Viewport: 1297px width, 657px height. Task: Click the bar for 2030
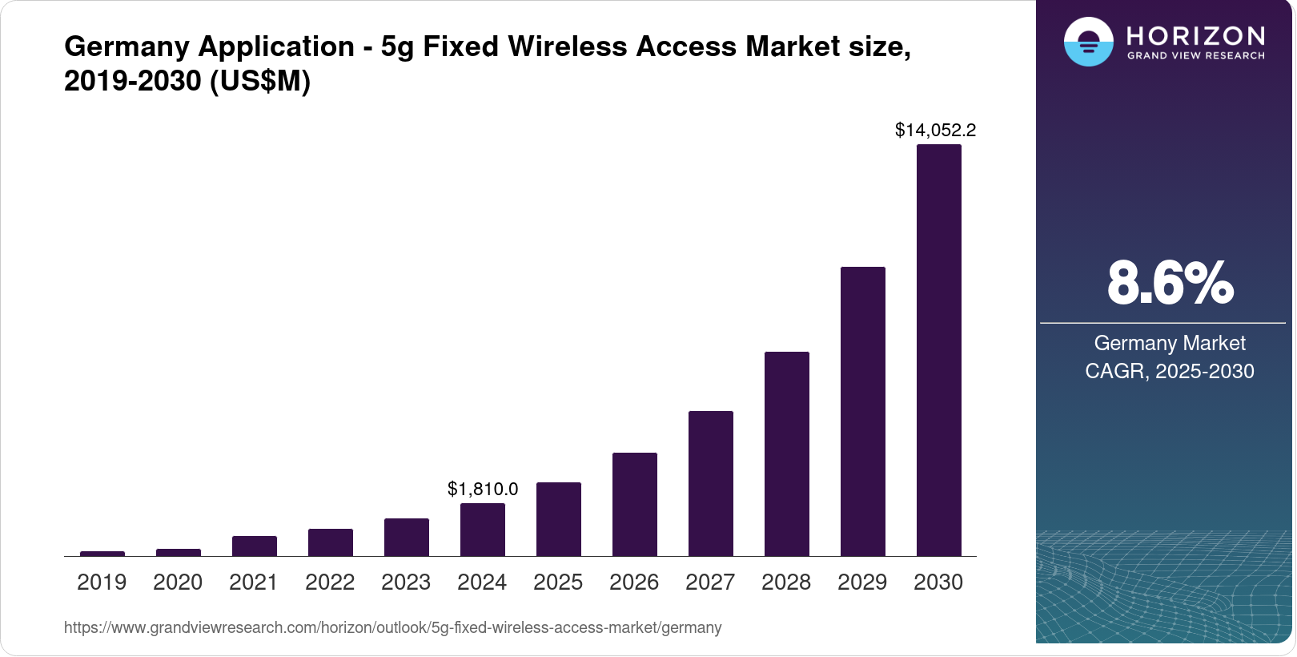pyautogui.click(x=938, y=350)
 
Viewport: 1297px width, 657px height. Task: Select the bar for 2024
pyautogui.click(x=482, y=530)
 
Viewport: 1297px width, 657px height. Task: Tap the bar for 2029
pyautogui.click(x=862, y=411)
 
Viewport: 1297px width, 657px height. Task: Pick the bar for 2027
pyautogui.click(x=710, y=483)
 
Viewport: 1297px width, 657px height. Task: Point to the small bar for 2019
pyautogui.click(x=102, y=553)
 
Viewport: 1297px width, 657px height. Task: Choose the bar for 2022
pyautogui.click(x=330, y=542)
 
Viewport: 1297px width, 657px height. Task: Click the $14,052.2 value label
pyautogui.click(x=935, y=130)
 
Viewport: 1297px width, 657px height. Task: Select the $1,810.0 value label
pyautogui.click(x=482, y=489)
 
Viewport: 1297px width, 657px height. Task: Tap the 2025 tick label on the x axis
pyautogui.click(x=558, y=582)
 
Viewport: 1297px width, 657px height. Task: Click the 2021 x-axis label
pyautogui.click(x=254, y=582)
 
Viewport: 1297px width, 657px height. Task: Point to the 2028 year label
pyautogui.click(x=786, y=582)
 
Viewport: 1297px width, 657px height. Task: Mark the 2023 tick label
pyautogui.click(x=406, y=582)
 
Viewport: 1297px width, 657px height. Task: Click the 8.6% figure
pyautogui.click(x=1170, y=283)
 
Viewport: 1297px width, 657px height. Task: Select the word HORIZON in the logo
pyautogui.click(x=1195, y=36)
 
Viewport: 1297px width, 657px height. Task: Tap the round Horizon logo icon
pyautogui.click(x=1088, y=42)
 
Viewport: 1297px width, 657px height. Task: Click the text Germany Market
pyautogui.click(x=1170, y=343)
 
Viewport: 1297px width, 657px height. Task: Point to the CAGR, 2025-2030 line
pyautogui.click(x=1170, y=371)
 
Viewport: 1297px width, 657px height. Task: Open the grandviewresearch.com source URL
pyautogui.click(x=392, y=627)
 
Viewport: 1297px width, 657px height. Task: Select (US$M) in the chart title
pyautogui.click(x=259, y=81)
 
